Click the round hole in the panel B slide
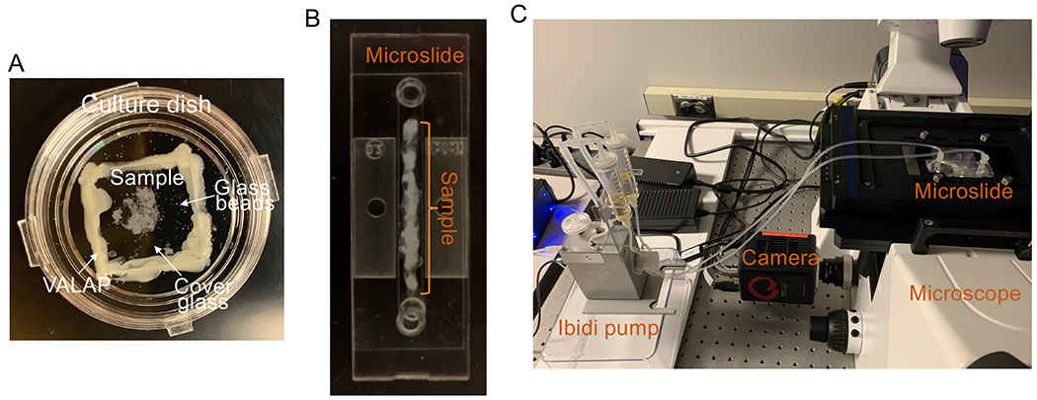click(x=373, y=208)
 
